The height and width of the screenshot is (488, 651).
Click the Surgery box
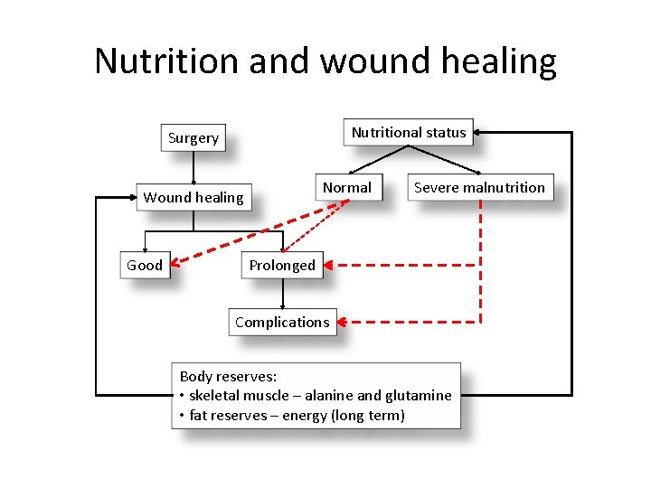point(193,138)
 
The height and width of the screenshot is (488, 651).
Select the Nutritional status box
point(409,133)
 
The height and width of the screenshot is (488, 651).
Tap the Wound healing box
point(193,197)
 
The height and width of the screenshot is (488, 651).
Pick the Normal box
point(347,188)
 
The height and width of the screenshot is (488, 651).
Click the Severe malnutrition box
point(479,188)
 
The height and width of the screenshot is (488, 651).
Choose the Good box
point(145,265)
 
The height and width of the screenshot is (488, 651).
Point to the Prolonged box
point(282,265)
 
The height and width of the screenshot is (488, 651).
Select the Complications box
point(282,322)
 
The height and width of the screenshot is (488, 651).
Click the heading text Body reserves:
point(228,376)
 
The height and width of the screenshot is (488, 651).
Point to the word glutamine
point(417,395)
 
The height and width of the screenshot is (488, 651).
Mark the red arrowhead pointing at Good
point(176,263)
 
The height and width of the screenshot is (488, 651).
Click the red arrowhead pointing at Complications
point(344,322)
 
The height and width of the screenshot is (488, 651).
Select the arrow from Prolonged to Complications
point(283,294)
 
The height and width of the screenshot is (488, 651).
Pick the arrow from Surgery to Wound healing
point(193,168)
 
